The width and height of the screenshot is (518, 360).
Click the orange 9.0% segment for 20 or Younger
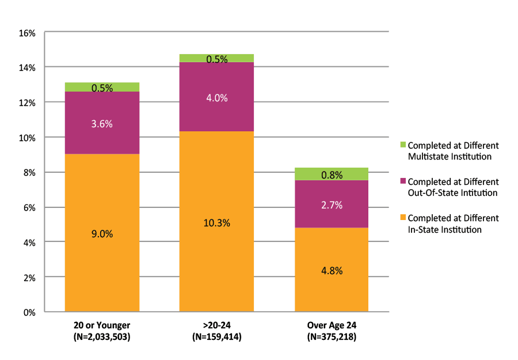pos(102,233)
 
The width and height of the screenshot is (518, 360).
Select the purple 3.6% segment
pos(102,123)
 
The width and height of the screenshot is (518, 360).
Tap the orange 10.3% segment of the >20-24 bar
pos(216,222)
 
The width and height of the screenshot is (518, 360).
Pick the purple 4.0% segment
pos(216,97)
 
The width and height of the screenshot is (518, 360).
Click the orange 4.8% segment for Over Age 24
pos(331,270)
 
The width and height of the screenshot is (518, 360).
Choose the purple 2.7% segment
pos(331,204)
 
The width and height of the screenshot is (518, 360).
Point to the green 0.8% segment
pos(331,174)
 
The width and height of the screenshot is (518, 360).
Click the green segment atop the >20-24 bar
pos(216,58)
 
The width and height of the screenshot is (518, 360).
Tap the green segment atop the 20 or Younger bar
pos(102,87)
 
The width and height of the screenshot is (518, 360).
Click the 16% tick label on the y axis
pos(27,33)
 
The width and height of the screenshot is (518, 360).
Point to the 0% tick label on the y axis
pos(29,313)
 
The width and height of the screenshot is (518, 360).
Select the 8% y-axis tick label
pos(29,173)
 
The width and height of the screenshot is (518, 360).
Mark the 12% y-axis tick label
pos(27,103)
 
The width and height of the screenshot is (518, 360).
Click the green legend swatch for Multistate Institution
pos(403,145)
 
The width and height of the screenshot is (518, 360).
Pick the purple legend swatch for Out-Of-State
pos(403,181)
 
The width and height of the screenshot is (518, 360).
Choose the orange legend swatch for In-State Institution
pos(403,218)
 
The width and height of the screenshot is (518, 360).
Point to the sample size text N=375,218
pos(331,337)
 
